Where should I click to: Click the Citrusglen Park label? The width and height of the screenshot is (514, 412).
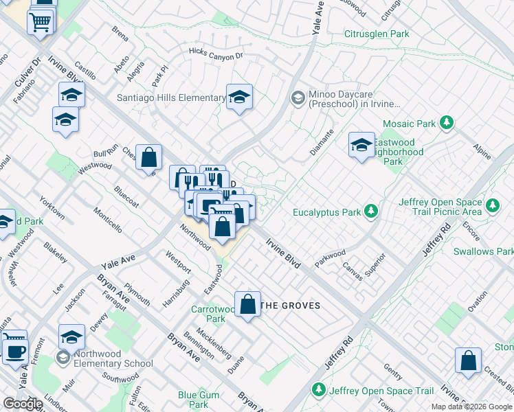pyautogui.click(x=377, y=34)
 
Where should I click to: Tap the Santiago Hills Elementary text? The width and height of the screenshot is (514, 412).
pyautogui.click(x=171, y=98)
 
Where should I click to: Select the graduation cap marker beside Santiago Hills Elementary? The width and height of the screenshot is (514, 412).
pyautogui.click(x=239, y=98)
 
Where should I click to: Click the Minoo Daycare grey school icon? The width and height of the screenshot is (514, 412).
pyautogui.click(x=297, y=98)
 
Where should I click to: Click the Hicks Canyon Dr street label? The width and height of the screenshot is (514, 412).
pyautogui.click(x=216, y=54)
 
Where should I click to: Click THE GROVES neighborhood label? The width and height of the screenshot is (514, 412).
pyautogui.click(x=291, y=306)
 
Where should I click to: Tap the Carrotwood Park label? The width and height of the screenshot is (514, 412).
pyautogui.click(x=208, y=314)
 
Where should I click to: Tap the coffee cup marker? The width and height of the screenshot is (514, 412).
pyautogui.click(x=14, y=350)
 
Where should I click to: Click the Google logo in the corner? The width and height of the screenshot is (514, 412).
pyautogui.click(x=23, y=404)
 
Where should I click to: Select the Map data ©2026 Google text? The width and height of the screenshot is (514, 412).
pyautogui.click(x=471, y=407)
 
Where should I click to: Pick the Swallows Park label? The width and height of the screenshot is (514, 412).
pyautogui.click(x=483, y=251)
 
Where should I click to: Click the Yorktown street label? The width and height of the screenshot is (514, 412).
pyautogui.click(x=52, y=207)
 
